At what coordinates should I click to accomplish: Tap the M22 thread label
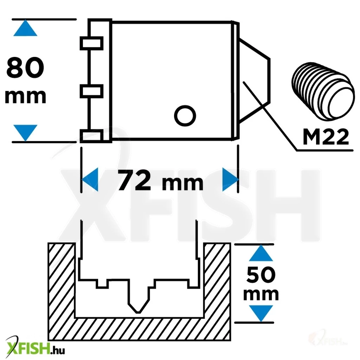[x=326, y=136]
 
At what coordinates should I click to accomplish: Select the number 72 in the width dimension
[x=134, y=180]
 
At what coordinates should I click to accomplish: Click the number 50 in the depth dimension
[x=261, y=275]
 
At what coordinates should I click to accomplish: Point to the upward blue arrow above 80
[x=25, y=28]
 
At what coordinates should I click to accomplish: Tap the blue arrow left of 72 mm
[x=90, y=179]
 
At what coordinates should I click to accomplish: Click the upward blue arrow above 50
[x=261, y=253]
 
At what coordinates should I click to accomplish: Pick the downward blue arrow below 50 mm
[x=261, y=313]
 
